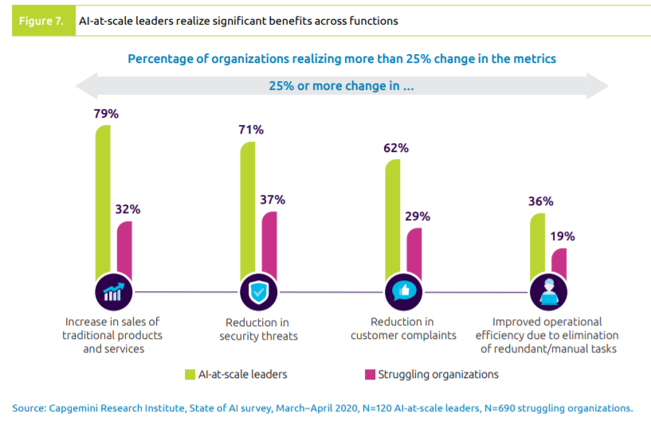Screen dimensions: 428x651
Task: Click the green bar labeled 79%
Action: pyautogui.click(x=103, y=199)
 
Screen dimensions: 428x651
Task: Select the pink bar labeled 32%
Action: pyautogui.click(x=124, y=248)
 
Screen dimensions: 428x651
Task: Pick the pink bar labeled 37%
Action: pyautogui.click(x=269, y=243)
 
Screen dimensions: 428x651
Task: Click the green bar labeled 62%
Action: pyautogui.click(x=393, y=218)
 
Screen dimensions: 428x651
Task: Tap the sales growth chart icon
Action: pyautogui.click(x=113, y=293)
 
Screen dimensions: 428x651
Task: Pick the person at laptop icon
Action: pyautogui.click(x=549, y=293)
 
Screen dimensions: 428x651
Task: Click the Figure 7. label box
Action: pyautogui.click(x=43, y=21)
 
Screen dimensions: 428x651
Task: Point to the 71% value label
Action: pyautogui.click(x=251, y=130)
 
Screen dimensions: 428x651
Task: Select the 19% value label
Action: pyautogui.click(x=562, y=236)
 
